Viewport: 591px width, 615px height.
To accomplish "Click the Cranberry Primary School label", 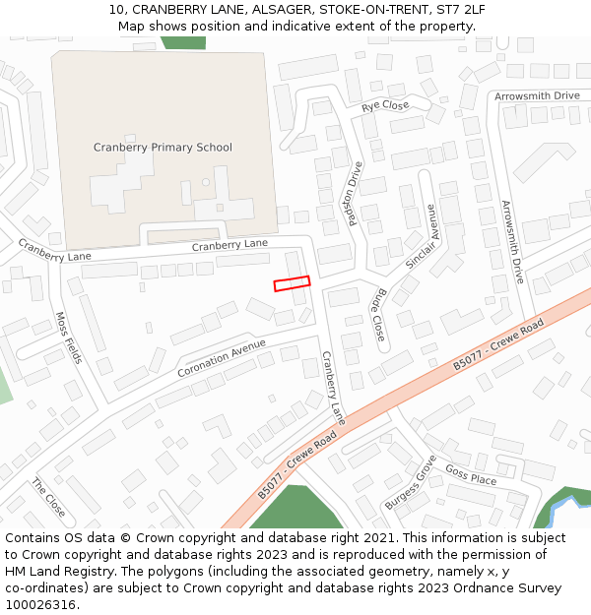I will (x=163, y=148).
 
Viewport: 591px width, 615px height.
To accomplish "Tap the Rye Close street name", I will (x=385, y=105).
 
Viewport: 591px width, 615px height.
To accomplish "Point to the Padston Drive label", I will (x=356, y=194).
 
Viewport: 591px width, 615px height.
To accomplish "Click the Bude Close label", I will (x=379, y=314).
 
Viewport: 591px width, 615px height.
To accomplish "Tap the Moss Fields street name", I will (x=67, y=338).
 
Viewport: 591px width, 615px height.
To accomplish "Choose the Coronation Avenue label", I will (x=222, y=358).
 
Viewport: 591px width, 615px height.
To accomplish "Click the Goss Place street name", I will (x=471, y=476).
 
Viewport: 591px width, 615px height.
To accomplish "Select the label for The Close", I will (x=48, y=498).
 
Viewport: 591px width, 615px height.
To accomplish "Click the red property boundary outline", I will (x=292, y=283).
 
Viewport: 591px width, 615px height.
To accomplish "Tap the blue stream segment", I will (x=563, y=511).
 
